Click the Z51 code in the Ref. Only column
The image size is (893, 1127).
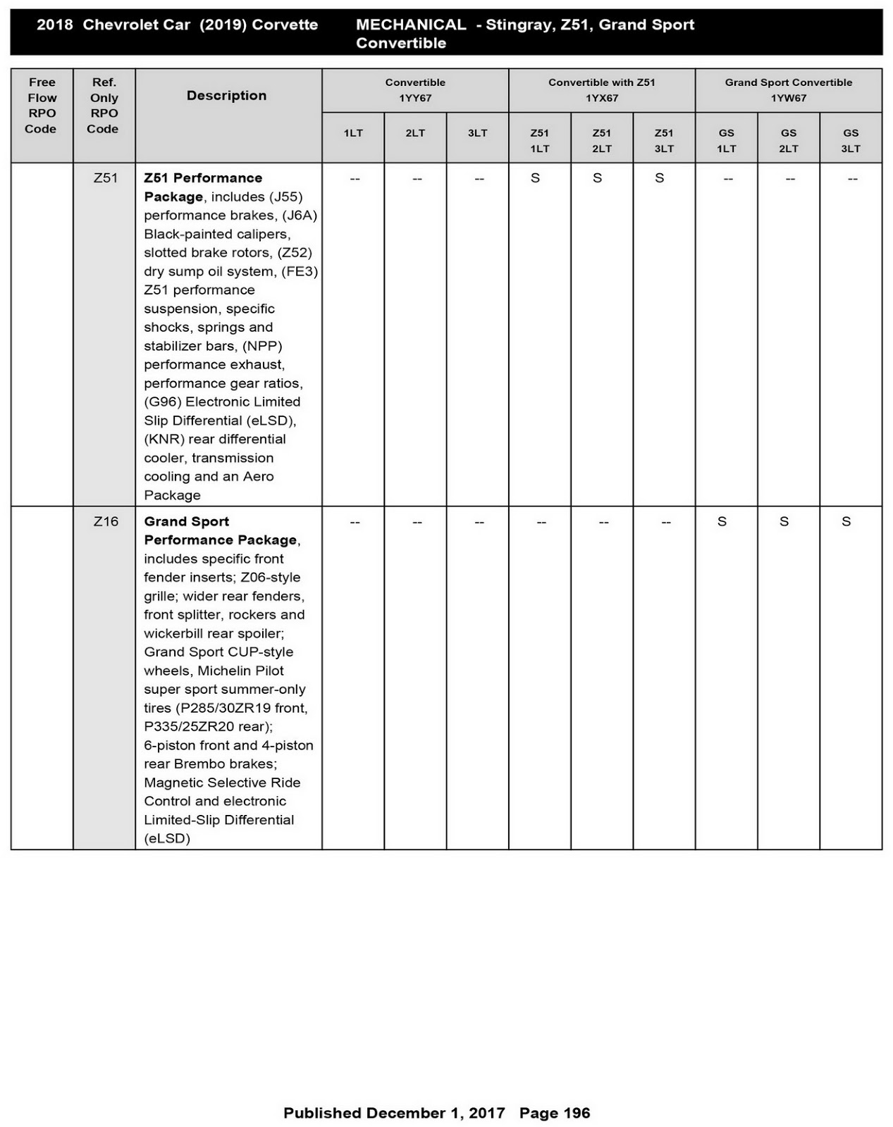[105, 178]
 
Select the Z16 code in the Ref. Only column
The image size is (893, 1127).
[105, 522]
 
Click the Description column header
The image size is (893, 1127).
[226, 96]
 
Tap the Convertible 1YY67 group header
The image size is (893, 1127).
[415, 90]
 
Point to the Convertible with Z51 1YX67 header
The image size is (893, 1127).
[601, 90]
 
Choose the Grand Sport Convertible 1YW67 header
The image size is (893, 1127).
[788, 90]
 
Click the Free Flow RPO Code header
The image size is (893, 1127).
[42, 106]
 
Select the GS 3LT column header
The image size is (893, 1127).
[851, 140]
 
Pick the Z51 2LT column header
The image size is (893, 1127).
[601, 140]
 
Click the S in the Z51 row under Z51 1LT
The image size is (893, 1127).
[536, 178]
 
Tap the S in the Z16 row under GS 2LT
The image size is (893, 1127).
[784, 522]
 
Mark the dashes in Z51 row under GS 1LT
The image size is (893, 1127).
[728, 179]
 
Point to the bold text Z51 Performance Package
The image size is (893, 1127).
[202, 187]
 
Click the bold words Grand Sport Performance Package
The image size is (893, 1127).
[220, 531]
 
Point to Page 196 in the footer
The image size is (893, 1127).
[555, 1113]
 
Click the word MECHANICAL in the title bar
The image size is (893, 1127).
[410, 25]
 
